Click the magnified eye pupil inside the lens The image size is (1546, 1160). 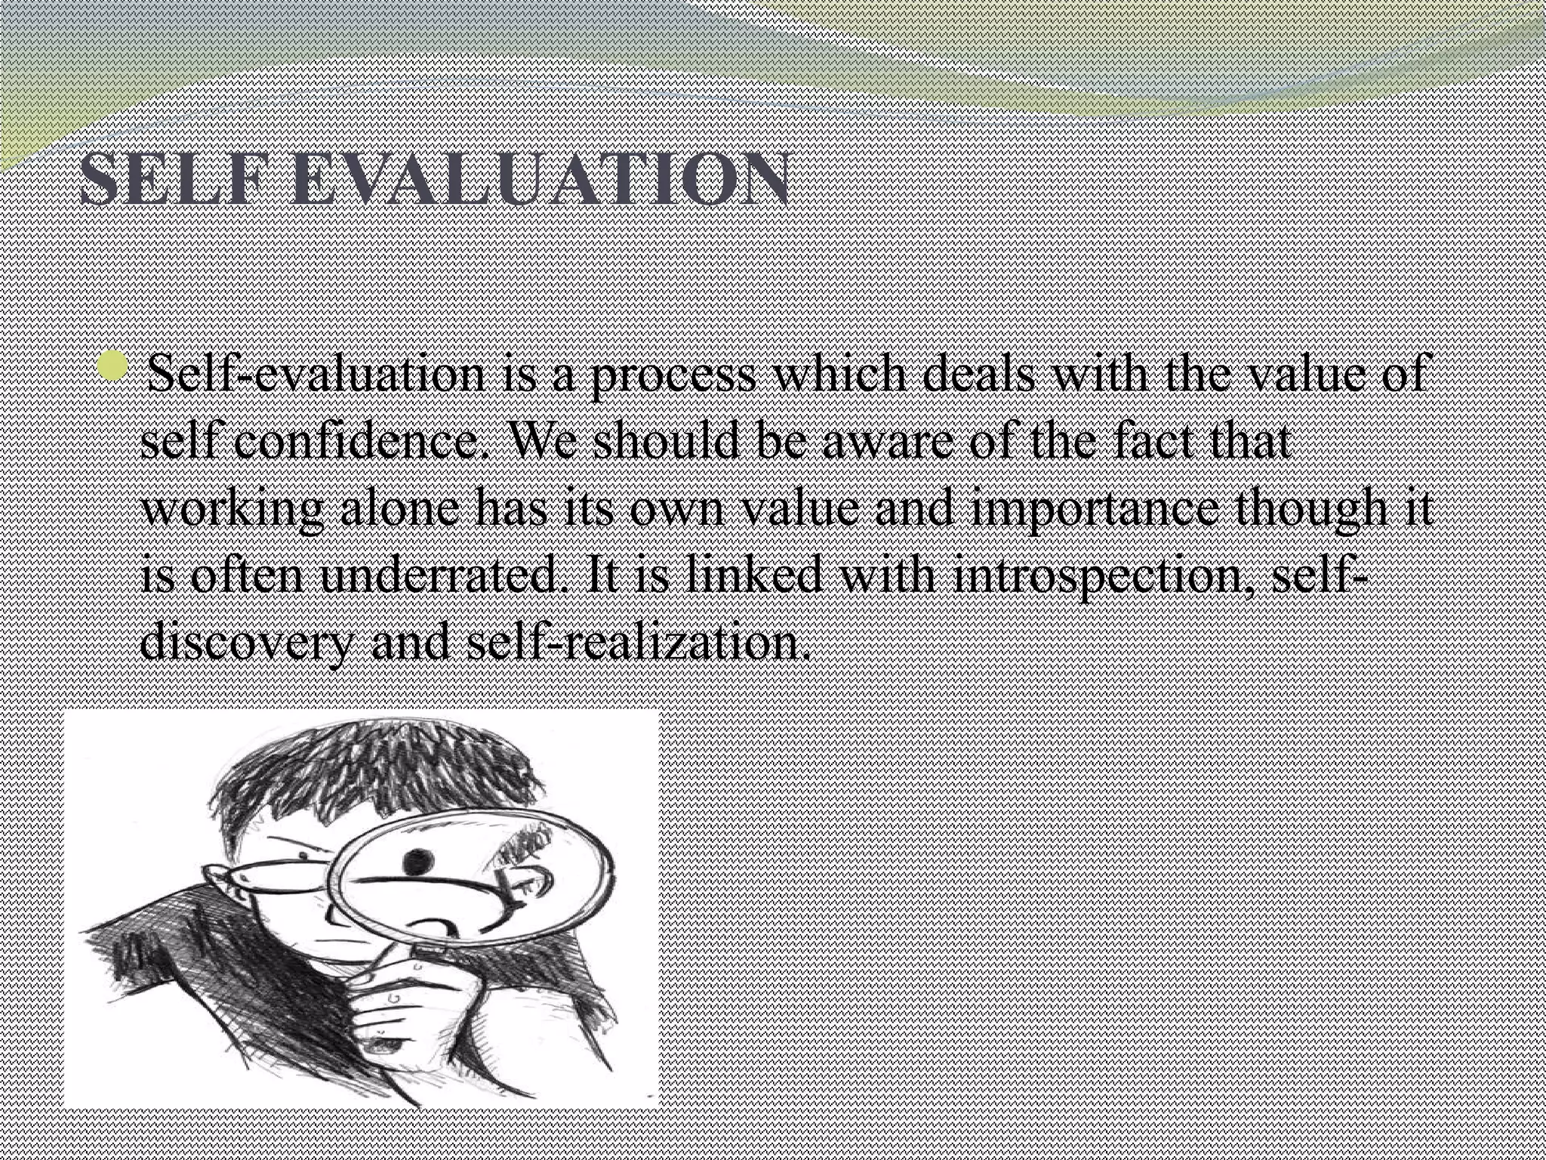414,859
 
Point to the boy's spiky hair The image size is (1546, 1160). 377,778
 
